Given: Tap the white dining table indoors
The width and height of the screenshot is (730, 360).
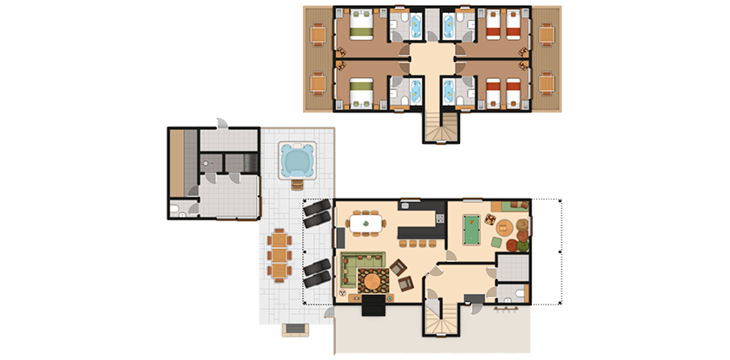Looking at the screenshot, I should [x=365, y=224].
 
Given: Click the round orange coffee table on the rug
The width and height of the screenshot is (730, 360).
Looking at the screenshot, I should [x=372, y=280].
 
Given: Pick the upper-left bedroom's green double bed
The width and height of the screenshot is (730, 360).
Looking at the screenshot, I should [x=358, y=27].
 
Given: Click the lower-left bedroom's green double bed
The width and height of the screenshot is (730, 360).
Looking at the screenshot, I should [x=358, y=92].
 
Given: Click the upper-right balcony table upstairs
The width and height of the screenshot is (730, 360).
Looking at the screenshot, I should [x=546, y=34].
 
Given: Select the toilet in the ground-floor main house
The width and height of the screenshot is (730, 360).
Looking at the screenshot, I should [x=519, y=294].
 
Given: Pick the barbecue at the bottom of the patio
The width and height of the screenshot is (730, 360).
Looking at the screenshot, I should [x=295, y=329].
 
